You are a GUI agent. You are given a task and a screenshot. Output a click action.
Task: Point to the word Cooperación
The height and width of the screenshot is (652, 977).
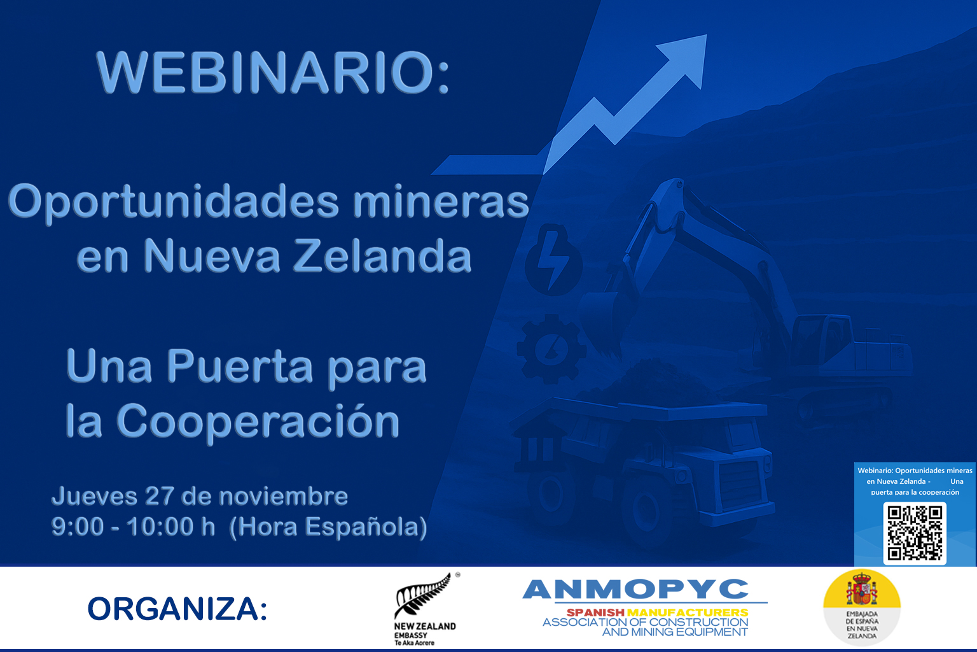click(x=258, y=422)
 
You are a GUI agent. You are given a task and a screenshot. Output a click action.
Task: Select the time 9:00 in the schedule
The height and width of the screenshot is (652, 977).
click(x=77, y=527)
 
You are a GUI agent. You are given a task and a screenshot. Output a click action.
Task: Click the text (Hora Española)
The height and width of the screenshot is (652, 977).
click(x=328, y=527)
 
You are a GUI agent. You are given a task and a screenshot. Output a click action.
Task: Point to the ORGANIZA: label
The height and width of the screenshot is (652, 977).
click(x=177, y=609)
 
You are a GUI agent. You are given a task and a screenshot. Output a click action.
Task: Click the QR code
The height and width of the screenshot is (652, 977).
click(x=915, y=533)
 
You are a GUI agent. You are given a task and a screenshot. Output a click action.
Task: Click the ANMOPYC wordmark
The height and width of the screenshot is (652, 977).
click(x=635, y=589)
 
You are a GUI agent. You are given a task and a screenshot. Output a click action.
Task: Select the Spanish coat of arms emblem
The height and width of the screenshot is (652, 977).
click(x=861, y=590)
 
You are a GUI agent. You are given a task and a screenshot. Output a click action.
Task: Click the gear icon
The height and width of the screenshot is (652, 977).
click(x=551, y=348)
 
